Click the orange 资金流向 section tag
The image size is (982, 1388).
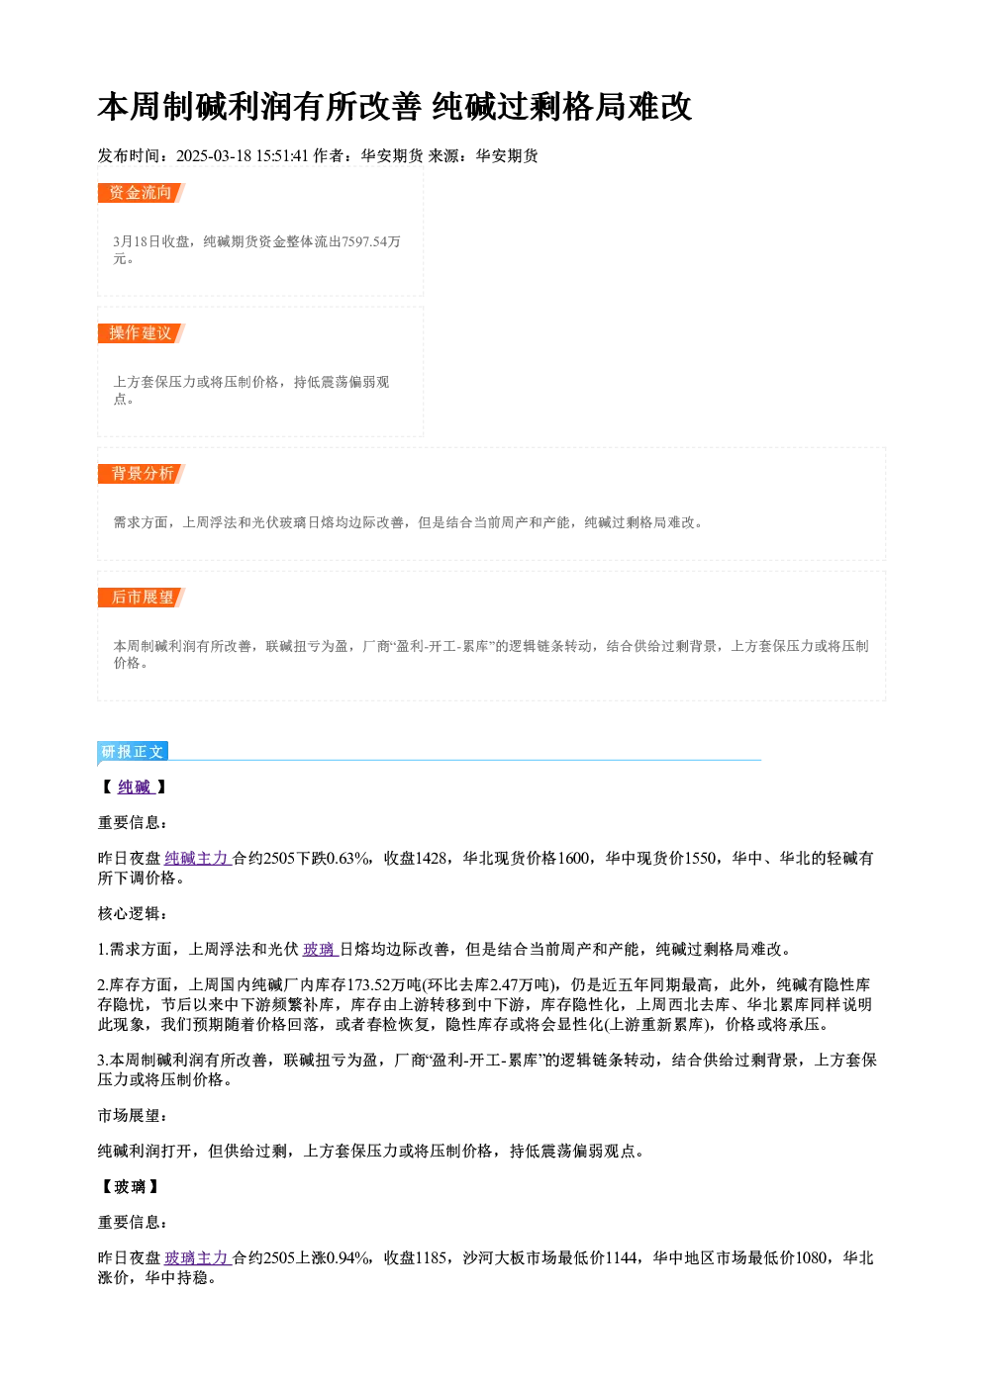[141, 193]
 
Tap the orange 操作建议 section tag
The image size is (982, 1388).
[141, 333]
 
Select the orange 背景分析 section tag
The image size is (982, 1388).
[141, 474]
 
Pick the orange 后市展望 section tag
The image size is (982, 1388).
[141, 598]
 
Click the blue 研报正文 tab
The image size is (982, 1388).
[133, 752]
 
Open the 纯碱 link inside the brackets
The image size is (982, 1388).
[135, 787]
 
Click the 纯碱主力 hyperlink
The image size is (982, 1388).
[197, 858]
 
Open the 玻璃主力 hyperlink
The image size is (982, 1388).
[197, 1257]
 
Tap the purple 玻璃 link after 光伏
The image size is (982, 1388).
[320, 950]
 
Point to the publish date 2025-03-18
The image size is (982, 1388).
[213, 155]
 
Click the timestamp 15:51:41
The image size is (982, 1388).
[282, 155]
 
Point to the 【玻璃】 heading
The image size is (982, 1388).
[130, 1186]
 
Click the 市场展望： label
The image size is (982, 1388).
[133, 1115]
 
